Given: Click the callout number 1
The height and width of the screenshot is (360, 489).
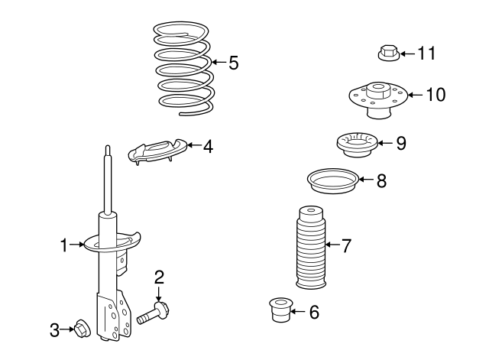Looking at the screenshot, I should click(64, 245).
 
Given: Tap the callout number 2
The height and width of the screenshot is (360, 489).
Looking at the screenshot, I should click(159, 277).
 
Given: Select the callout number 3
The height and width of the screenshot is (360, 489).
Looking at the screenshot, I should click(54, 330).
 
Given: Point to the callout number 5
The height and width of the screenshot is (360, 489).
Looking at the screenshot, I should click(233, 63).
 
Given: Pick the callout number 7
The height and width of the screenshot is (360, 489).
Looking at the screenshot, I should click(345, 246).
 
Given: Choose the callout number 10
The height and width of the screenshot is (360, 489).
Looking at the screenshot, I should click(435, 95).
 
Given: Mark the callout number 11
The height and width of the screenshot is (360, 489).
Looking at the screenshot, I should click(426, 54).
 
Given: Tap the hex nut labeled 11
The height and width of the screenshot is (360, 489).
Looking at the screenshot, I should click(387, 54).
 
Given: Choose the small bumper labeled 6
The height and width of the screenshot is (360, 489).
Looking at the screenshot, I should click(282, 310).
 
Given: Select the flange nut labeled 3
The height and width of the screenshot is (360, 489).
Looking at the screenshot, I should click(80, 329).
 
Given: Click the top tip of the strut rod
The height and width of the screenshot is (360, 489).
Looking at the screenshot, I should click(108, 148).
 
